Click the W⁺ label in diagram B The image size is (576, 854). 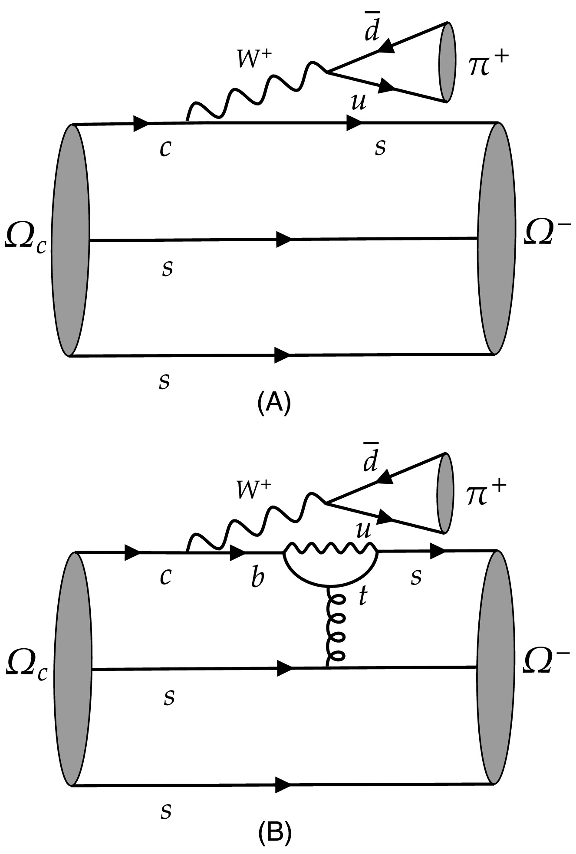coord(254,490)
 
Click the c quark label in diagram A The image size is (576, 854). coord(165,149)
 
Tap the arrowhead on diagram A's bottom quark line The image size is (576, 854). coord(283,355)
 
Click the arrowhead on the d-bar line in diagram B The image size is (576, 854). coord(385,478)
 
